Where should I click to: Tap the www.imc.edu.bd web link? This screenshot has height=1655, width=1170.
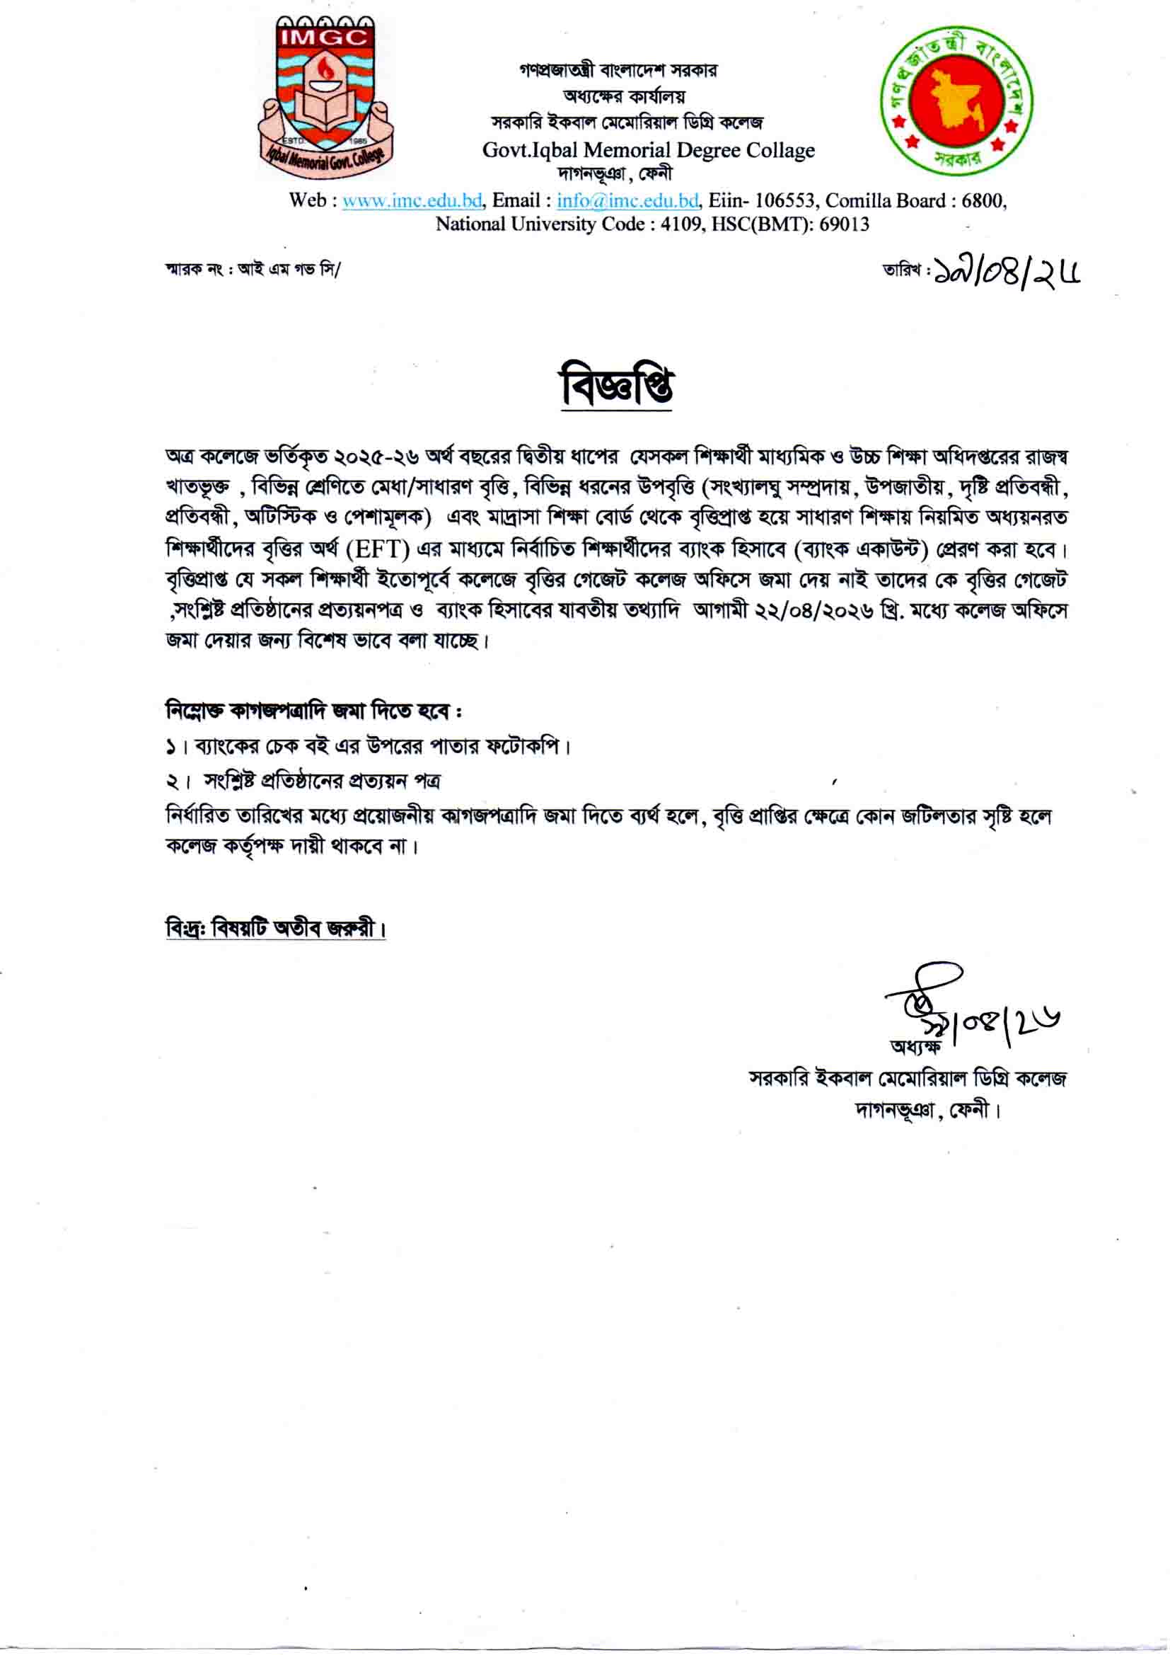click(x=412, y=200)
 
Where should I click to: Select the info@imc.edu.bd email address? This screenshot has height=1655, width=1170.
click(x=627, y=200)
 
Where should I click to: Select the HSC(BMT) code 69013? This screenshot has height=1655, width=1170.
click(x=844, y=224)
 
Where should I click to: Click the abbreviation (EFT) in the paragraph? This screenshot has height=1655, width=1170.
click(x=378, y=550)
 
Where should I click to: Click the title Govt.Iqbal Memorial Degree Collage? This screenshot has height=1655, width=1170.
click(x=649, y=151)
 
